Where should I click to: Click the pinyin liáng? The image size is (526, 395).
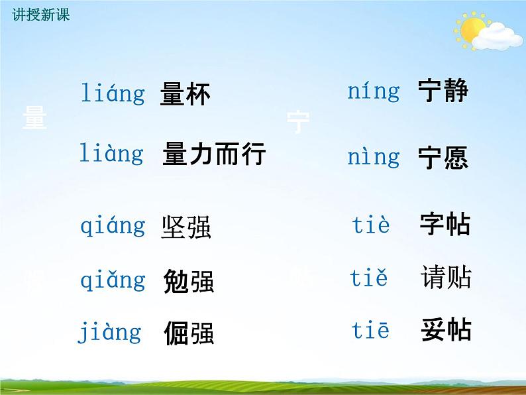(x=113, y=93)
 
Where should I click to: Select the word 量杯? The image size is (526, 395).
(x=185, y=95)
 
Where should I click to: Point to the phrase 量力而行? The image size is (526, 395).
(x=214, y=154)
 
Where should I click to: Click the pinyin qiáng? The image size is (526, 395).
(x=113, y=227)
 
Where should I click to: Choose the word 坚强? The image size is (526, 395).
(x=186, y=228)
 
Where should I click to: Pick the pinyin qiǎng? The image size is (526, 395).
(x=113, y=280)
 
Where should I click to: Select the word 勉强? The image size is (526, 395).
(x=188, y=282)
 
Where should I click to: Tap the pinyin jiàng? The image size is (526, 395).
(x=110, y=332)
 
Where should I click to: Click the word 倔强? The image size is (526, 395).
(x=188, y=333)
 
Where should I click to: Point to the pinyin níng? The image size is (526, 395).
(x=374, y=91)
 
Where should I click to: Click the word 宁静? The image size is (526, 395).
(x=443, y=91)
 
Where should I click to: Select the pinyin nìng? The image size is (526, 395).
(x=374, y=157)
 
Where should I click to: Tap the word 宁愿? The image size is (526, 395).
(x=443, y=158)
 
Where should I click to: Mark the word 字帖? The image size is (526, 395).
(x=445, y=225)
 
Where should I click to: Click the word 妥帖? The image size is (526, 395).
(x=446, y=330)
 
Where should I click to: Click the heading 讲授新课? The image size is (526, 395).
(x=40, y=15)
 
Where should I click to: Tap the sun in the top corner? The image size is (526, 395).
(x=472, y=30)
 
